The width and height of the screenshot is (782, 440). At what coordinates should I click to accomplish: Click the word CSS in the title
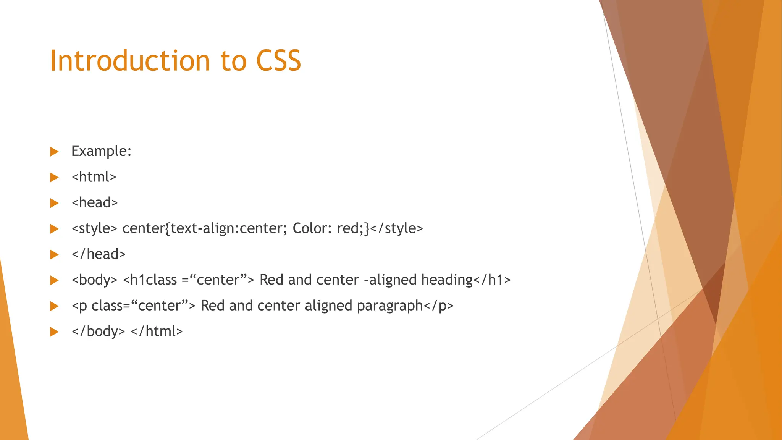[278, 61]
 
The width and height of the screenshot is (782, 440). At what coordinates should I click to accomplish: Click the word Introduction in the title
[130, 61]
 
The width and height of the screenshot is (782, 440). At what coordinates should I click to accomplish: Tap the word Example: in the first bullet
[101, 151]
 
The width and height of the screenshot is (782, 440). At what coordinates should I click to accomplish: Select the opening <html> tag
[94, 177]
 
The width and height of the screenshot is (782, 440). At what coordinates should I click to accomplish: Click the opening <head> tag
[95, 202]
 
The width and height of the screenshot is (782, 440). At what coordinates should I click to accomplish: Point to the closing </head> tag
[99, 254]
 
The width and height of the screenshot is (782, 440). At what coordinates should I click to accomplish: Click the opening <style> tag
[94, 228]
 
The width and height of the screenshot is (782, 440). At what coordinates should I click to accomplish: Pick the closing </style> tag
[397, 228]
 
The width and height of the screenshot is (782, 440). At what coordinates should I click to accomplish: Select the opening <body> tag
[94, 280]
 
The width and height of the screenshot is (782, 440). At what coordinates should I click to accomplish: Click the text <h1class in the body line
[150, 280]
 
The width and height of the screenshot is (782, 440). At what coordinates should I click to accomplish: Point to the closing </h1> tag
[492, 280]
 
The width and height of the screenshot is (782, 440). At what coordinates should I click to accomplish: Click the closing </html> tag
[157, 331]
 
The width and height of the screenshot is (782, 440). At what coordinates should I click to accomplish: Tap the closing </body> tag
[98, 331]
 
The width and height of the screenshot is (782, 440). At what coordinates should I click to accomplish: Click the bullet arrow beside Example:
[55, 152]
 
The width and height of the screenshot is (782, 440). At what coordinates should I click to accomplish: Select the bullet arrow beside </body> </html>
[55, 332]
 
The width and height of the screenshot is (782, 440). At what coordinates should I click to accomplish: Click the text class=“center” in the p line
[140, 306]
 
